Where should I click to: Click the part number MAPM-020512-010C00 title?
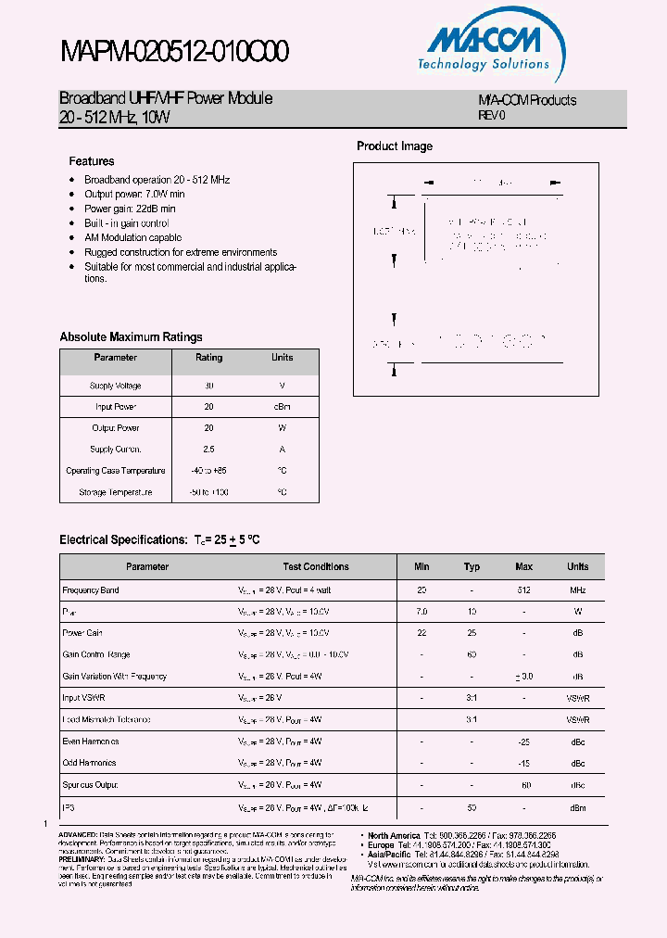(174, 52)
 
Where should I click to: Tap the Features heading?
(92, 161)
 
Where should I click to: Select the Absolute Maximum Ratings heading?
(131, 337)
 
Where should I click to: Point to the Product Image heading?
(395, 146)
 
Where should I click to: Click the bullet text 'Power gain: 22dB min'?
(130, 209)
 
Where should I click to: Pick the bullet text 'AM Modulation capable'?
(132, 237)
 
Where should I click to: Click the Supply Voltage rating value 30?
(208, 386)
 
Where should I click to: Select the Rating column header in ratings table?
(208, 358)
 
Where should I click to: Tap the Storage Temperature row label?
(115, 492)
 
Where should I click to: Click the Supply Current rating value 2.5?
(208, 450)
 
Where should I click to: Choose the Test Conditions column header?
(316, 566)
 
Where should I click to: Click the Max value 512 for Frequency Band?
(523, 590)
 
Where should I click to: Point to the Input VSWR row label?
(84, 698)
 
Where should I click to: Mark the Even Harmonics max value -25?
(523, 742)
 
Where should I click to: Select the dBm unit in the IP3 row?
(577, 808)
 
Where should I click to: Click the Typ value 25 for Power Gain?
(472, 633)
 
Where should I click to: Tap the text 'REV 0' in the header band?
(492, 116)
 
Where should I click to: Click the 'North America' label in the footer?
(393, 836)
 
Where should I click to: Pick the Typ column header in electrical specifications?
(472, 566)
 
